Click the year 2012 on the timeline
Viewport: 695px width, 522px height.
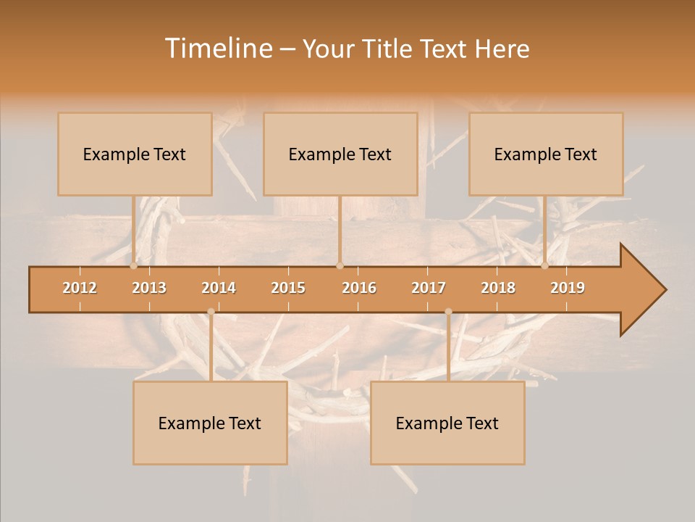pos(80,288)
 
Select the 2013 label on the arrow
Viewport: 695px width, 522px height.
pos(149,288)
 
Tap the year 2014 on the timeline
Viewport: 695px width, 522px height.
pos(219,288)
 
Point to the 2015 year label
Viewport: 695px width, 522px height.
pos(288,288)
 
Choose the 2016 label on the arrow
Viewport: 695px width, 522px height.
pos(359,288)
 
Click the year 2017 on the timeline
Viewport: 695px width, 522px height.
pos(429,288)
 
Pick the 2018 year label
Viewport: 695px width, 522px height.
pos(498,288)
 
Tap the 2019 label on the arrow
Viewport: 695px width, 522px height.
pos(568,288)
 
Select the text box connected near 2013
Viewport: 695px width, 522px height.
pos(135,154)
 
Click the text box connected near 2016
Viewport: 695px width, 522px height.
pos(340,154)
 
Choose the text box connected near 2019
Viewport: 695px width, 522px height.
pos(546,154)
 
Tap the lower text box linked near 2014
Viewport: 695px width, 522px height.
pos(210,423)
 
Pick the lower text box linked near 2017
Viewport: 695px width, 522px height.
pos(447,423)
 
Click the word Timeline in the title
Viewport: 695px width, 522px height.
pos(217,49)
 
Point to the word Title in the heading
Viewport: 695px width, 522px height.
pos(388,49)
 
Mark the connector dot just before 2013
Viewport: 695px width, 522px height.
pos(134,266)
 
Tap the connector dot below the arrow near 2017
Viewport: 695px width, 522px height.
pos(448,312)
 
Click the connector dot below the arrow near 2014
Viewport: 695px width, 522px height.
pos(211,312)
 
